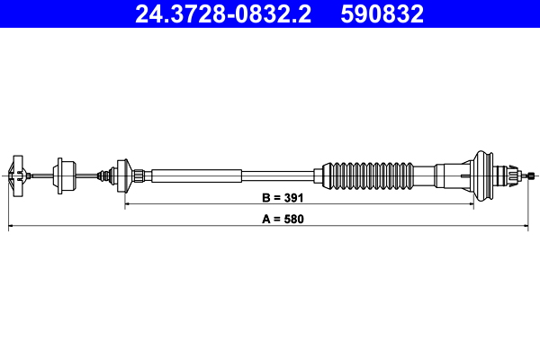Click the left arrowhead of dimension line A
pos(11,229)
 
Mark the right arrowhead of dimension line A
pos(535,229)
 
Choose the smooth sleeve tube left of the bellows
pos(198,173)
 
